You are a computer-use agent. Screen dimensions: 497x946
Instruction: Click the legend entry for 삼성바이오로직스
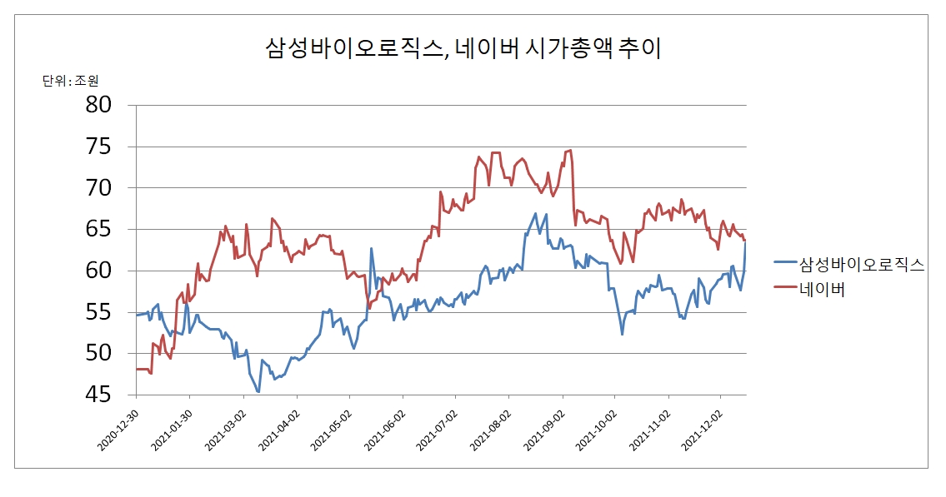(861, 265)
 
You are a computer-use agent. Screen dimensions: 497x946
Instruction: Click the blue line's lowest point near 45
(258, 392)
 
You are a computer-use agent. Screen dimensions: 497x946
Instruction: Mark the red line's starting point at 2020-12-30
(137, 369)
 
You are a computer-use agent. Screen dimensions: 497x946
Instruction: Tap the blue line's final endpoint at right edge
(745, 242)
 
